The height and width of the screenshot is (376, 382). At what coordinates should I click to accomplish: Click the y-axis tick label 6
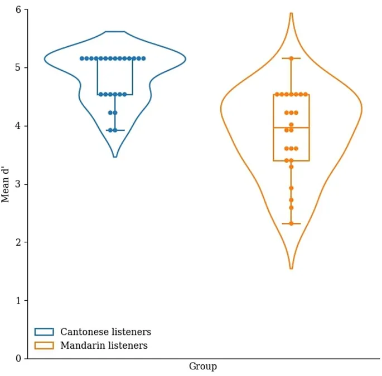click(x=18, y=9)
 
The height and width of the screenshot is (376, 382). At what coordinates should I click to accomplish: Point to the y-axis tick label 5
click(x=18, y=67)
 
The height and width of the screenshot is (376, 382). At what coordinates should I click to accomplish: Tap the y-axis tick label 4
click(x=18, y=126)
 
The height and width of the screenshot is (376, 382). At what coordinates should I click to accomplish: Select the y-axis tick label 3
click(x=18, y=184)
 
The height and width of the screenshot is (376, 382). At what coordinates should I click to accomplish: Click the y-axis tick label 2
click(x=18, y=242)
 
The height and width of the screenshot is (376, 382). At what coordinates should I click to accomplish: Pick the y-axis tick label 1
click(x=18, y=300)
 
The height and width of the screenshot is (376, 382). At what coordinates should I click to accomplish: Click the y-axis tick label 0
click(x=18, y=359)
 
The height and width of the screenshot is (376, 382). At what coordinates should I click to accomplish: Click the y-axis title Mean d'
click(x=6, y=184)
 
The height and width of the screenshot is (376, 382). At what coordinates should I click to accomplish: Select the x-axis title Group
click(x=202, y=367)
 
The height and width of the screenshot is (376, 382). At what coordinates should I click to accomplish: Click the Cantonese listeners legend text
click(x=105, y=332)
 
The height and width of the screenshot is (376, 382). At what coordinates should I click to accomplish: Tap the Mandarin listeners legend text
click(x=104, y=345)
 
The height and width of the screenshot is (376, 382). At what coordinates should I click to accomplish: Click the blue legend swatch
click(x=44, y=332)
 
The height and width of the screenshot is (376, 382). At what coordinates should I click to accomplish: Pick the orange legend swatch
click(x=44, y=345)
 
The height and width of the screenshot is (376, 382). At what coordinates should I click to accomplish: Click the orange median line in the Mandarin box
click(x=291, y=128)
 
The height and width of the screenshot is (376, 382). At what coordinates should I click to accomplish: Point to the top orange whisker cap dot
click(x=291, y=58)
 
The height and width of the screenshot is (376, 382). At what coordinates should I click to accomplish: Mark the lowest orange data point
click(x=291, y=223)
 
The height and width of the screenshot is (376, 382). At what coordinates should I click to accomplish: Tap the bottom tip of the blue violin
click(x=115, y=157)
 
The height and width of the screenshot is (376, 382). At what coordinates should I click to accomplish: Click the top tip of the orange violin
click(x=291, y=13)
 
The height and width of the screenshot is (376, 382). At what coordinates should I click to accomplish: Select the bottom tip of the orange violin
click(x=291, y=268)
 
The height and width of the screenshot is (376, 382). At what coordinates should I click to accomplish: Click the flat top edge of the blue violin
click(x=115, y=32)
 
